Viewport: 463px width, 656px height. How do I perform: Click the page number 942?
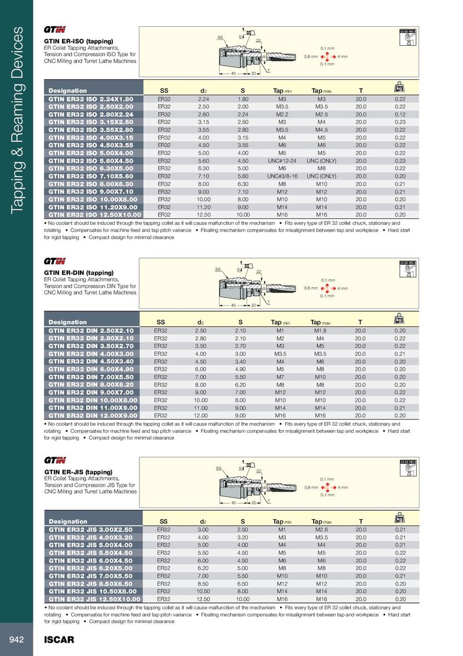[16, 639]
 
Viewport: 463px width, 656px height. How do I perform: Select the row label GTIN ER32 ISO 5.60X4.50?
[91, 161]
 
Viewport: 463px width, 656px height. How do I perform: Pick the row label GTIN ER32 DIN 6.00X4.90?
[91, 369]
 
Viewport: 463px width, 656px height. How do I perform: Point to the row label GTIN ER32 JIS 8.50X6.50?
[91, 584]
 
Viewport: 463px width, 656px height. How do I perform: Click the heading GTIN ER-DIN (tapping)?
[78, 272]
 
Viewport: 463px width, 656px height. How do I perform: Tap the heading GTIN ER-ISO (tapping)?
[78, 41]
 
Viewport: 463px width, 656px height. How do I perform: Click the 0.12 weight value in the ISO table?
[399, 115]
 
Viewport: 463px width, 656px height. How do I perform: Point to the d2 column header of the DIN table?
[200, 322]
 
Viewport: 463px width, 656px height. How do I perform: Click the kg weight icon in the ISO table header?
[399, 89]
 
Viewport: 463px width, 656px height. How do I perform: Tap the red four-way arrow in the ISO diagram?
[326, 56]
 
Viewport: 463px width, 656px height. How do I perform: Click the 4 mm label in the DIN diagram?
[342, 288]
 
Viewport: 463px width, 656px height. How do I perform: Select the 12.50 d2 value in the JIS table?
[203, 599]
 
